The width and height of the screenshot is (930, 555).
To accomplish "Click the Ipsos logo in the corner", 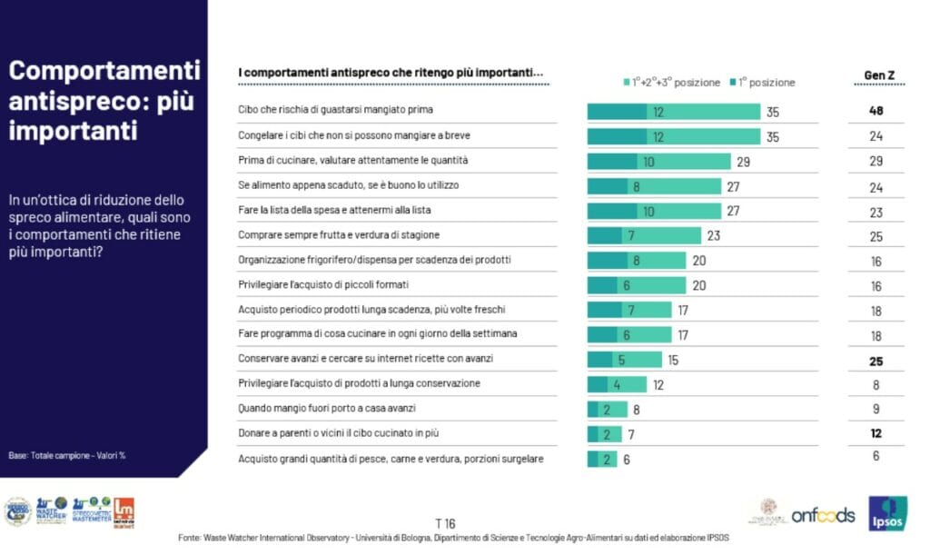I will [x=887, y=514].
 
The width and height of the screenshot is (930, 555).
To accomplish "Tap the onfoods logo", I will [x=823, y=515].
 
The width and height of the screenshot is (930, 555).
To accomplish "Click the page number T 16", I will [x=445, y=523].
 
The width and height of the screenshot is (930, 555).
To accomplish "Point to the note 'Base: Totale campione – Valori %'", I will [x=66, y=455].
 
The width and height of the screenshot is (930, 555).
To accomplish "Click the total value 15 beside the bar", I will [x=673, y=360].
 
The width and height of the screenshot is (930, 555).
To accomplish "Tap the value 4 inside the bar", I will [x=616, y=384].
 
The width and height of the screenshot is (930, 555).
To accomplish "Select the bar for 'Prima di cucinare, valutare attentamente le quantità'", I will [x=658, y=161].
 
